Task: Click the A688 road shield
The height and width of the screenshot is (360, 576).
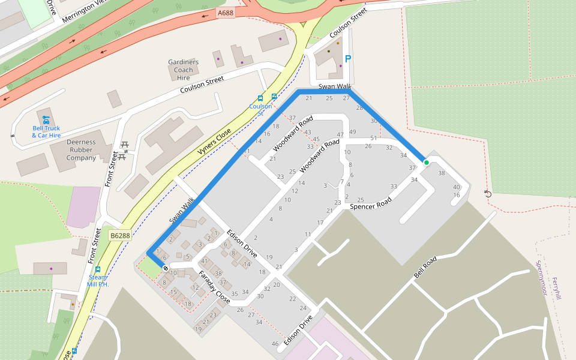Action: [225, 12]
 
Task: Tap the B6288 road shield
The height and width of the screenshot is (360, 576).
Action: [120, 236]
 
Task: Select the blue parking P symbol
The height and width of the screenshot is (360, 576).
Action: [347, 59]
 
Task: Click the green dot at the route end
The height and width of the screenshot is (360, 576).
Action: [427, 163]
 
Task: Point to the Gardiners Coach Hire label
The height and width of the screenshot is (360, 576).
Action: [184, 70]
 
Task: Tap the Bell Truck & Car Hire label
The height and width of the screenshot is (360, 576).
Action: [46, 131]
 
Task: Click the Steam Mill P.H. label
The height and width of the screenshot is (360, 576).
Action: [97, 280]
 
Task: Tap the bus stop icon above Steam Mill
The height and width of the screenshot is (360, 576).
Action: [97, 269]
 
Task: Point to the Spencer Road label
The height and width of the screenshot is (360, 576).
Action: [370, 205]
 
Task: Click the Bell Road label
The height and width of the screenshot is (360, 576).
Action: [425, 268]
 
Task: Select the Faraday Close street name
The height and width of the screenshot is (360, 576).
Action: [214, 287]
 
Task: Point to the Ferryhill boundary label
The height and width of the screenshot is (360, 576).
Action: [556, 288]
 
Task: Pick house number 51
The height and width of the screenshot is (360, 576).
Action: [373, 138]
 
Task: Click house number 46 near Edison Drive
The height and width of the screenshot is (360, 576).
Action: [275, 344]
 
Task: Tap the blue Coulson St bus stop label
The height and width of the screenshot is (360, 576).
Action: [260, 110]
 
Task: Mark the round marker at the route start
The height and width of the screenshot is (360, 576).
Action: [166, 268]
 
